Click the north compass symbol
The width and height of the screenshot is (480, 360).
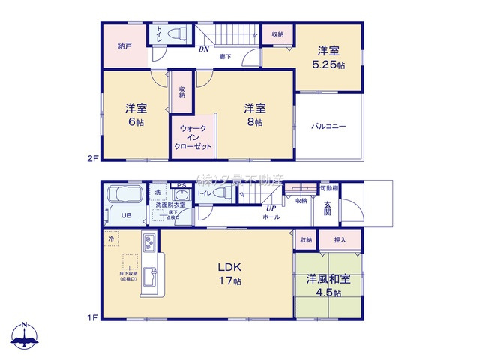25,336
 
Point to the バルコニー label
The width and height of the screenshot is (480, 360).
328,127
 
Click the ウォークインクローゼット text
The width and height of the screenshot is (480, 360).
192,138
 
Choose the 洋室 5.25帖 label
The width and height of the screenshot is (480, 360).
328,58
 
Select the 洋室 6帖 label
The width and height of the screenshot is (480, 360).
136,114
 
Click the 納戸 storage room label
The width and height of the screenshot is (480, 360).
124,45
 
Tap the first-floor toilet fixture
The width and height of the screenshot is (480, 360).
220,193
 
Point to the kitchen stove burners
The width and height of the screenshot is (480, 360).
148,245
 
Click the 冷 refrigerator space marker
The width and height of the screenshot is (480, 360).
111,239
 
